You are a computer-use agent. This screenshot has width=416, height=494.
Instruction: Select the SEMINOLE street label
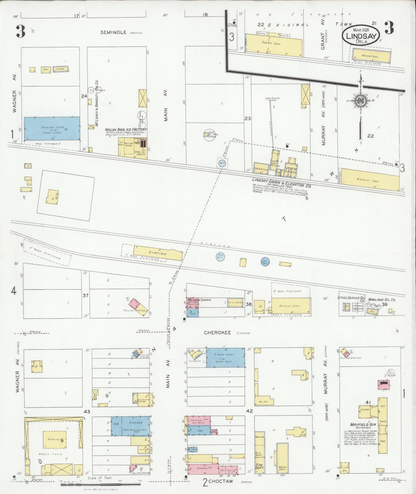click(113, 32)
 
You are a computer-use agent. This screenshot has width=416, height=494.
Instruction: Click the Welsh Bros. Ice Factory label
click(126, 129)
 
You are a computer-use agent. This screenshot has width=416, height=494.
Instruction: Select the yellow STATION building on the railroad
click(158, 253)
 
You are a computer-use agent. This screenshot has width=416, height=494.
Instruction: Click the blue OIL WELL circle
click(265, 262)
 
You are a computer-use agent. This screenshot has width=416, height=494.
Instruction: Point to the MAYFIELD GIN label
click(363, 424)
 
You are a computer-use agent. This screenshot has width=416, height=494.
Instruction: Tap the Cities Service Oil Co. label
click(353, 299)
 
